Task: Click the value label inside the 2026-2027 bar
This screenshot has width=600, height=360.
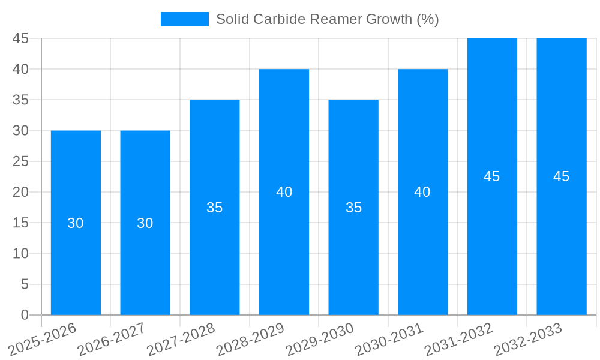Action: [x=145, y=223]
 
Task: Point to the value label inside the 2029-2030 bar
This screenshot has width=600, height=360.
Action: [x=353, y=208]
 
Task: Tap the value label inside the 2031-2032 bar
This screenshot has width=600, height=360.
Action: [x=492, y=176]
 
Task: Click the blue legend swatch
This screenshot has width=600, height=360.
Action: [x=184, y=19]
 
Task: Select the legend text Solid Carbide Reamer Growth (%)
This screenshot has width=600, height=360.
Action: [x=327, y=19]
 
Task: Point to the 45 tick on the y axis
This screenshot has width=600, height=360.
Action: [x=20, y=38]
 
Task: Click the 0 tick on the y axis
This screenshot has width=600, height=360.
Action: [x=25, y=315]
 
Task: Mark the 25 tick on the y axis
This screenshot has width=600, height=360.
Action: [x=20, y=161]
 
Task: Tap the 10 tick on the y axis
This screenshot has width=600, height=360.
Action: [x=20, y=253]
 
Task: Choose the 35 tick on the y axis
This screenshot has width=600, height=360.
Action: [x=20, y=100]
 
